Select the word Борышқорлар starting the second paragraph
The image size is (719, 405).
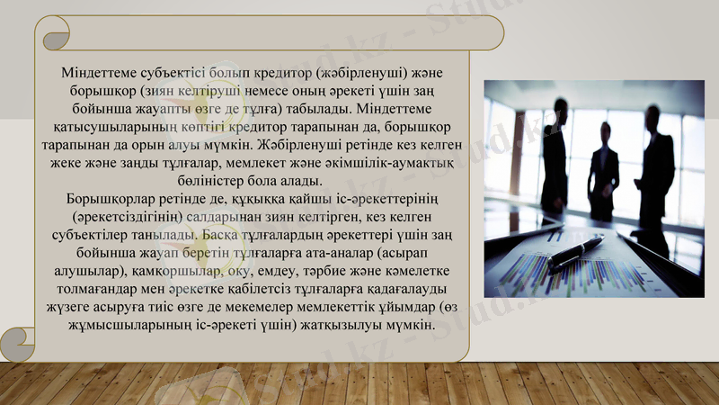point(111,199)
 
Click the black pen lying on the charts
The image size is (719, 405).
point(575,252)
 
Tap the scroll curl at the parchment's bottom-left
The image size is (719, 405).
point(15,343)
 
